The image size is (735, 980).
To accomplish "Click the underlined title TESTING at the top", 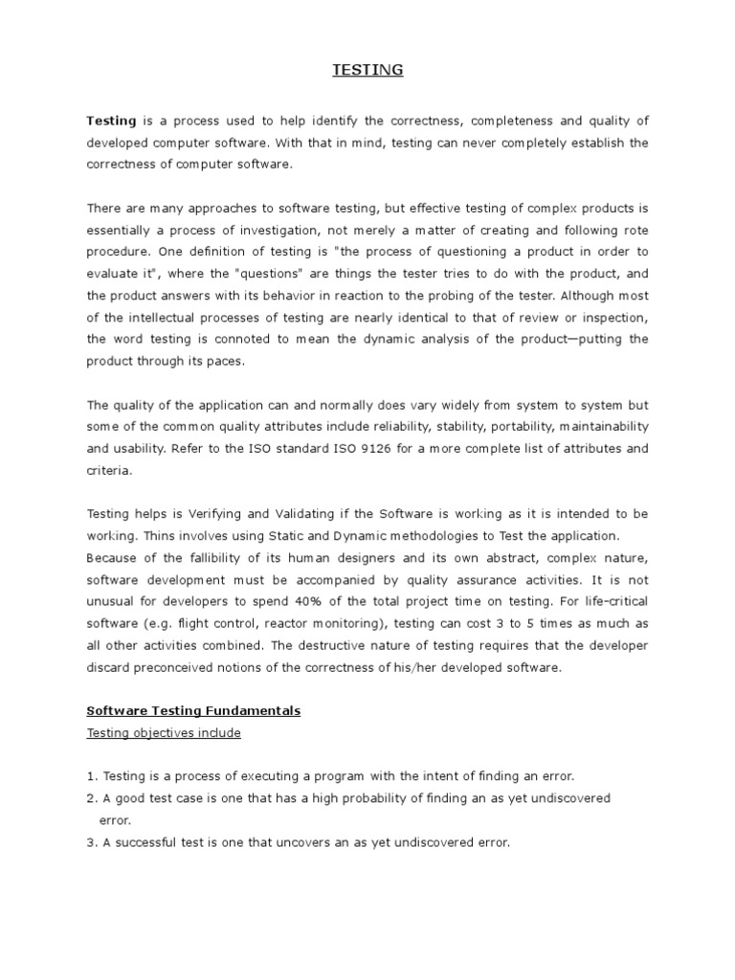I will [367, 70].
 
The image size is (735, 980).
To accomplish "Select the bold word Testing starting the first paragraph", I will [111, 121].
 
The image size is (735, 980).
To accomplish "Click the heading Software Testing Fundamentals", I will [193, 711].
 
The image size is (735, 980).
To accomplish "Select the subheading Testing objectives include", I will [164, 733].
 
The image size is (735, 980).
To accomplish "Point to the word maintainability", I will [592, 426].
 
